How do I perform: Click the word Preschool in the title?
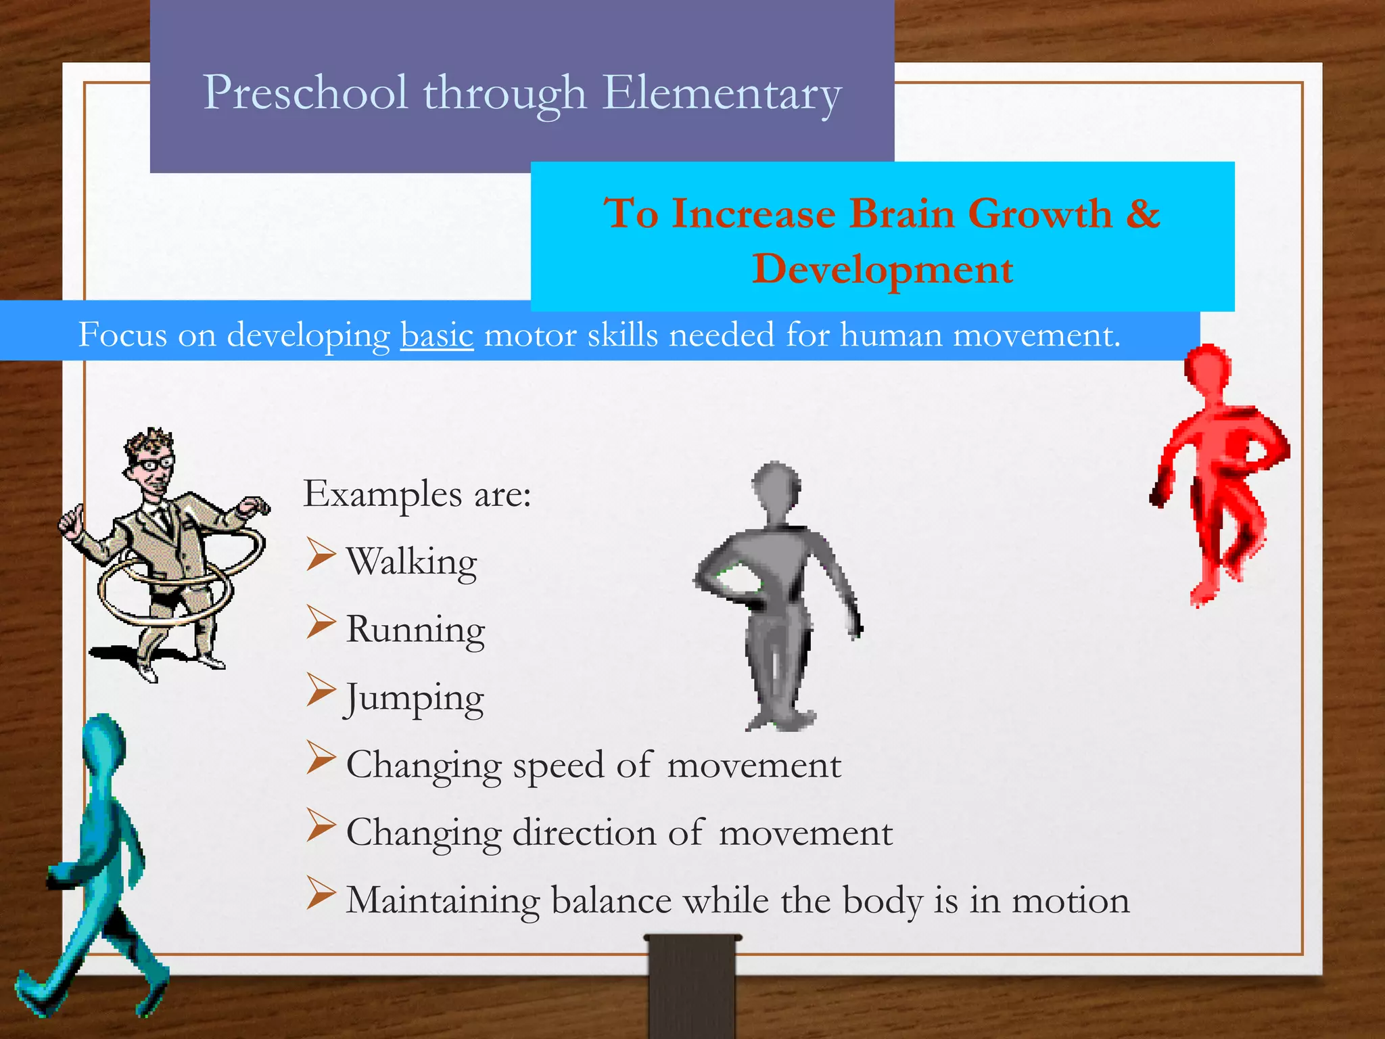[306, 93]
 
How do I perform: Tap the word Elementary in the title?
[722, 93]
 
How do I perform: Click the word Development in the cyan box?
[883, 269]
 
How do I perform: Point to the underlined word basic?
[437, 335]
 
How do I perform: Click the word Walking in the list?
[411, 561]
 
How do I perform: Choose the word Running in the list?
[415, 630]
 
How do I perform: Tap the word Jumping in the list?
[414, 698]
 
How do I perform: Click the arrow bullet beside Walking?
[321, 555]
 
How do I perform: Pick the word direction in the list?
[585, 833]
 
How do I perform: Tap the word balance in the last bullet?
[612, 901]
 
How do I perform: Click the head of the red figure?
[1208, 369]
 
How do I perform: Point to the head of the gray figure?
[776, 486]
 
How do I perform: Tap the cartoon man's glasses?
[157, 464]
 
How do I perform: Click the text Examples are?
[417, 494]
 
